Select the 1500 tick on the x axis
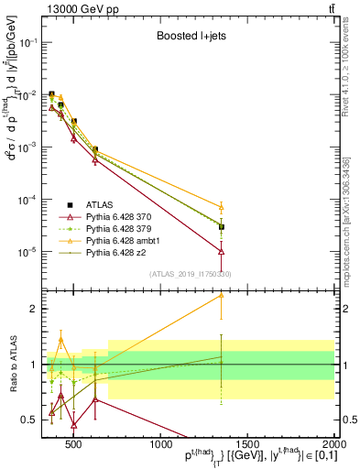click(x=249, y=444)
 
